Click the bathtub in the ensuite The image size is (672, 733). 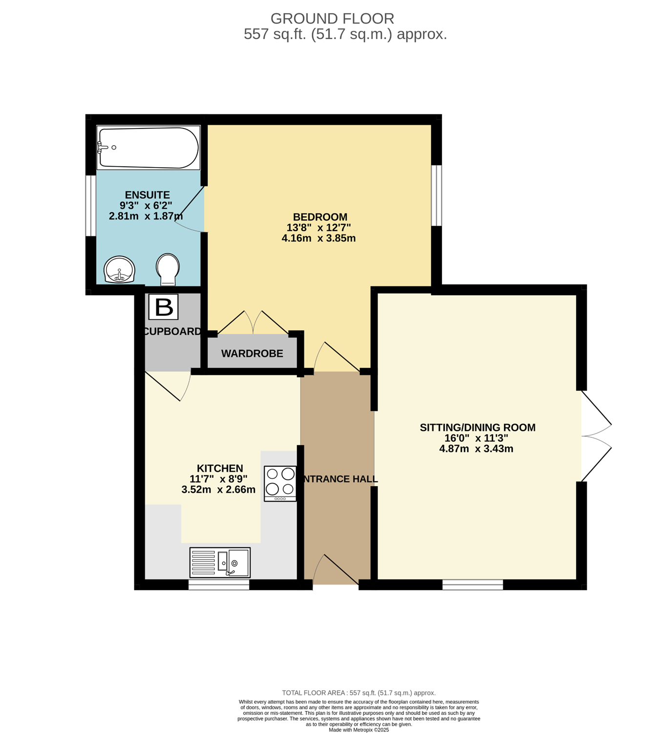point(148,148)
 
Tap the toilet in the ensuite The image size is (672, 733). point(168,270)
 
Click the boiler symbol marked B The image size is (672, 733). point(164,307)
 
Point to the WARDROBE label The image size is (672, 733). point(252,354)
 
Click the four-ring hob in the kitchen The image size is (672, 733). point(280,484)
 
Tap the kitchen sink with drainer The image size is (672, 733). point(220,562)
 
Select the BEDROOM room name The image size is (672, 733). point(320,217)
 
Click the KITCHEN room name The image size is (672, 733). point(220,469)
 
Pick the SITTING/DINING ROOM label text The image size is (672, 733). point(478,428)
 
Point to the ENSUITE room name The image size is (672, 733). point(147,195)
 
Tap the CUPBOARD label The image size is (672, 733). point(172,331)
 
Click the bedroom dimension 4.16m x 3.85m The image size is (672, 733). point(318,238)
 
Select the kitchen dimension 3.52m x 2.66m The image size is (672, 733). point(218,490)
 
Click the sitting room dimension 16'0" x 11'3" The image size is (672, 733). point(476,438)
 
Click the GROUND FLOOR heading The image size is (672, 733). point(333,19)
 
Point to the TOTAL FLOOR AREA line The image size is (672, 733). point(358,693)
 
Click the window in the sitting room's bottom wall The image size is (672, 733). point(473,584)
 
